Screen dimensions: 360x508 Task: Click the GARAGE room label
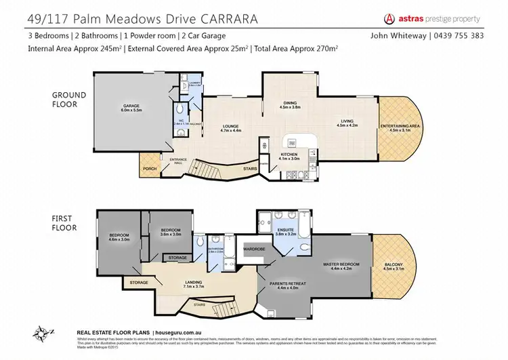pyautogui.click(x=131, y=105)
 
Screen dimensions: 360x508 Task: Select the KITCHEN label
pyautogui.click(x=289, y=155)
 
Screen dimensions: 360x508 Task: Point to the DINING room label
pyautogui.click(x=289, y=103)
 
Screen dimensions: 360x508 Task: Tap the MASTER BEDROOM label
pyautogui.click(x=340, y=262)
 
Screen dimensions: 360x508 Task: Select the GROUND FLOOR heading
pyautogui.click(x=70, y=100)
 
